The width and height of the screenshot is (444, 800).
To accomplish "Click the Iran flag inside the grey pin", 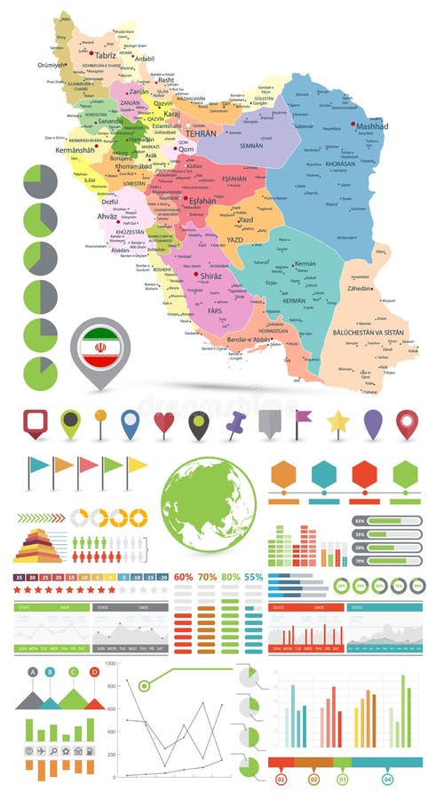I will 100,348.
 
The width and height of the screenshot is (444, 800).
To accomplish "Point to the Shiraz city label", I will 210,276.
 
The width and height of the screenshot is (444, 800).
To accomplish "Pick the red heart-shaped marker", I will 164,423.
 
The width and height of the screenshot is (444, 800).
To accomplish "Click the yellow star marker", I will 337,422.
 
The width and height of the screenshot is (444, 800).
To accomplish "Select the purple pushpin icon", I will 235,424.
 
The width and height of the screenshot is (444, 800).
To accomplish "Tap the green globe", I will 209,504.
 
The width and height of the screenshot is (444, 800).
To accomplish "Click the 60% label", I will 184,577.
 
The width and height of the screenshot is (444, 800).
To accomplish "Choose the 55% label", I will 253,577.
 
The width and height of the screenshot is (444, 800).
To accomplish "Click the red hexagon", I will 364,475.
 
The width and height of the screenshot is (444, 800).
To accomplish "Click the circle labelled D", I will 95,672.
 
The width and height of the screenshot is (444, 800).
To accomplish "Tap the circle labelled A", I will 33,672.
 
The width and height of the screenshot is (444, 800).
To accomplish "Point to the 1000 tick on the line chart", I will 110,663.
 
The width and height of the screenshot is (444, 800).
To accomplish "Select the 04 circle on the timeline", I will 387,780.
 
